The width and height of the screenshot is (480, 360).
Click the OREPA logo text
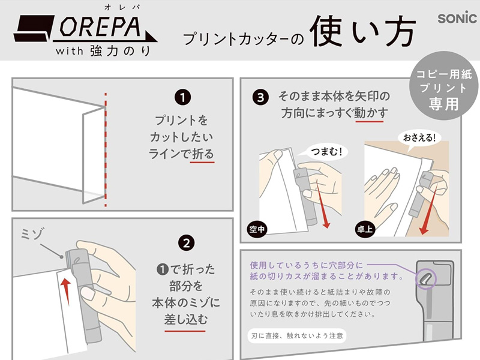[x=100, y=26]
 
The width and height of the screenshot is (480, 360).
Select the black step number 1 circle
[x=183, y=98]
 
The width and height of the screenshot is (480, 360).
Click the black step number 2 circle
[x=186, y=244]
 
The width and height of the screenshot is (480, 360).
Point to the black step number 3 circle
[x=260, y=98]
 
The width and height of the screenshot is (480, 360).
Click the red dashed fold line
[x=106, y=150]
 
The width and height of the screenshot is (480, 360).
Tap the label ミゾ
[x=32, y=233]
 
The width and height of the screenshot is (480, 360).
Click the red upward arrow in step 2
[x=65, y=292]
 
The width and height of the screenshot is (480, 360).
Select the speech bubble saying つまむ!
[x=327, y=152]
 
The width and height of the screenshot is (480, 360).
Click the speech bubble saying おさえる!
[x=419, y=138]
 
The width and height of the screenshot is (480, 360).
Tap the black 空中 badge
[x=257, y=229]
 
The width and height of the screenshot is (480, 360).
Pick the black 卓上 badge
[x=365, y=229]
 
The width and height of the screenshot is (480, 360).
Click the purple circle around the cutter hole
[x=426, y=278]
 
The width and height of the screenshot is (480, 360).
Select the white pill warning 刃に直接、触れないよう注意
[x=297, y=336]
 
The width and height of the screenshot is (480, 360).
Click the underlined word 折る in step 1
[x=202, y=154]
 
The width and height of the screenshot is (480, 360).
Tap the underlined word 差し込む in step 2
[x=185, y=320]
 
